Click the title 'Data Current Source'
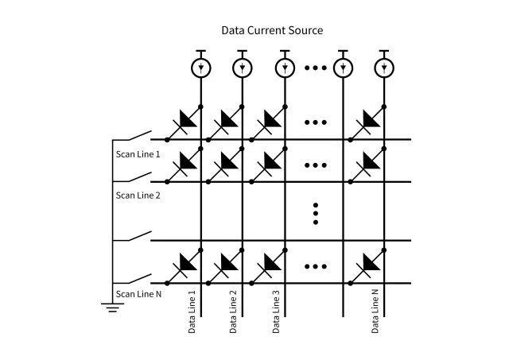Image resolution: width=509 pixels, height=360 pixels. (x=272, y=30)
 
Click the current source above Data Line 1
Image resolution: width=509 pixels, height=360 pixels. (x=200, y=68)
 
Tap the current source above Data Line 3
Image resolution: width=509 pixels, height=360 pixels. (x=285, y=68)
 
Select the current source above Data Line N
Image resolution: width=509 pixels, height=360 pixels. (x=385, y=68)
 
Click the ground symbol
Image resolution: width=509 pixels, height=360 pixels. (x=115, y=307)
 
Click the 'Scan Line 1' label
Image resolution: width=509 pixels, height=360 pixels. (x=138, y=153)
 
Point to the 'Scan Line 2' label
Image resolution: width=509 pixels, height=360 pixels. (x=138, y=195)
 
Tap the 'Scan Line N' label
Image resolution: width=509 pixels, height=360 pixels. (x=138, y=294)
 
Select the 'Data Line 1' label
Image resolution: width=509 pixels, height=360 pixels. (x=192, y=312)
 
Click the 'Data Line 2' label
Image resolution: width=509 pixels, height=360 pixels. (x=233, y=312)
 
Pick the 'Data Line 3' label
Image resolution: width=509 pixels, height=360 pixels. (x=276, y=312)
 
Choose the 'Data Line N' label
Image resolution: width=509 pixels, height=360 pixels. (x=376, y=312)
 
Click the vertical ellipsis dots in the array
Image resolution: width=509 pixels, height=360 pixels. (x=316, y=213)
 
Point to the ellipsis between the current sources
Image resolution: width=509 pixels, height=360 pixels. (x=316, y=68)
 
